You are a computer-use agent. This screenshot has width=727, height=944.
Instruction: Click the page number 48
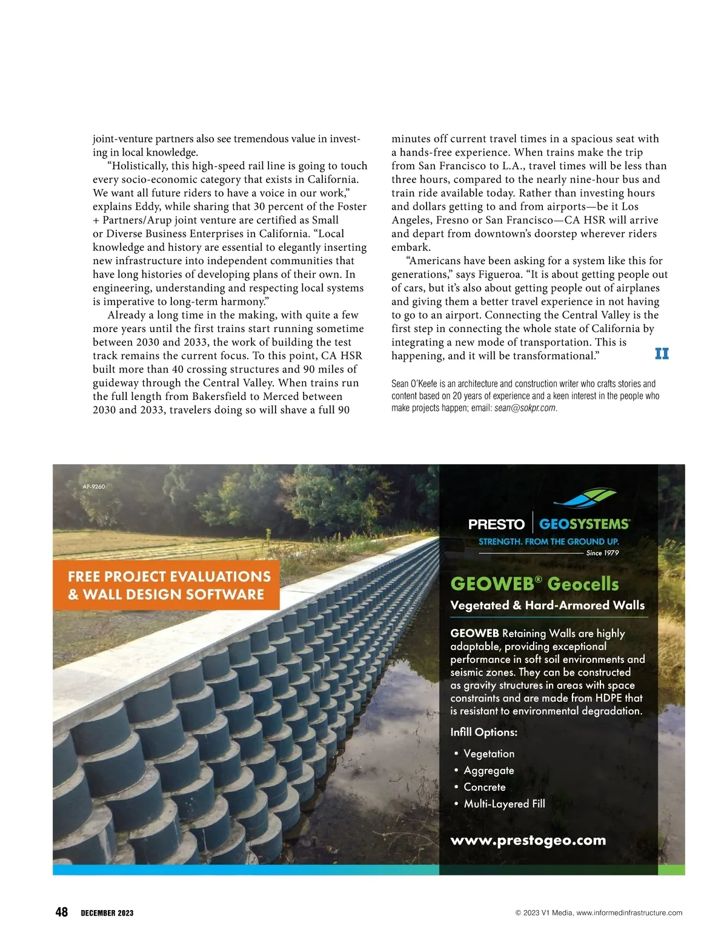pyautogui.click(x=61, y=912)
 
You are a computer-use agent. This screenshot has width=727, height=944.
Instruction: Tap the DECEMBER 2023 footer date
pyautogui.click(x=107, y=913)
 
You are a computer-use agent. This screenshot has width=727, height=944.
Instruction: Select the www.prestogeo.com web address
pyautogui.click(x=528, y=840)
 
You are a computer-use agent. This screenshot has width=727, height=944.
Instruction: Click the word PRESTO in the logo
pyautogui.click(x=496, y=524)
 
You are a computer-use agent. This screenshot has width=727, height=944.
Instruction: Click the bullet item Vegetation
pyautogui.click(x=488, y=754)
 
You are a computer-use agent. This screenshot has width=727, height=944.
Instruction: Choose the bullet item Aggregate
pyautogui.click(x=488, y=771)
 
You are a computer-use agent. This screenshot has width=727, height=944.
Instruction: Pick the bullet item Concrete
pyautogui.click(x=484, y=787)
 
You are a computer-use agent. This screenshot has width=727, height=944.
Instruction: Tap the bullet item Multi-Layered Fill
pyautogui.click(x=504, y=804)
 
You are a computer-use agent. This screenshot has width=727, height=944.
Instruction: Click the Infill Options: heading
pyautogui.click(x=483, y=732)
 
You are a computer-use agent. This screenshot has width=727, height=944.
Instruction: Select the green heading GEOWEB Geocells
pyautogui.click(x=534, y=583)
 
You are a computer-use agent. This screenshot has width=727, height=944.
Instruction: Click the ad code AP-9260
pyautogui.click(x=93, y=487)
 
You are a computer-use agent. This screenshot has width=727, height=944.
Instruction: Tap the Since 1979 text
pyautogui.click(x=602, y=553)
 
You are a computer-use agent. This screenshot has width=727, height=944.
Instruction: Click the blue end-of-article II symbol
pyautogui.click(x=662, y=353)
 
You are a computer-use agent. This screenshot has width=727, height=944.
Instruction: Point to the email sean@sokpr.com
pyautogui.click(x=525, y=408)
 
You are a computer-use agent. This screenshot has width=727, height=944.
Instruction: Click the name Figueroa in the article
pyautogui.click(x=497, y=274)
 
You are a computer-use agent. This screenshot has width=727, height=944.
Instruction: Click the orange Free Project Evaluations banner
pyautogui.click(x=167, y=585)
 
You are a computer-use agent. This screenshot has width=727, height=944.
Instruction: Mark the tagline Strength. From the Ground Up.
pyautogui.click(x=548, y=541)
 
